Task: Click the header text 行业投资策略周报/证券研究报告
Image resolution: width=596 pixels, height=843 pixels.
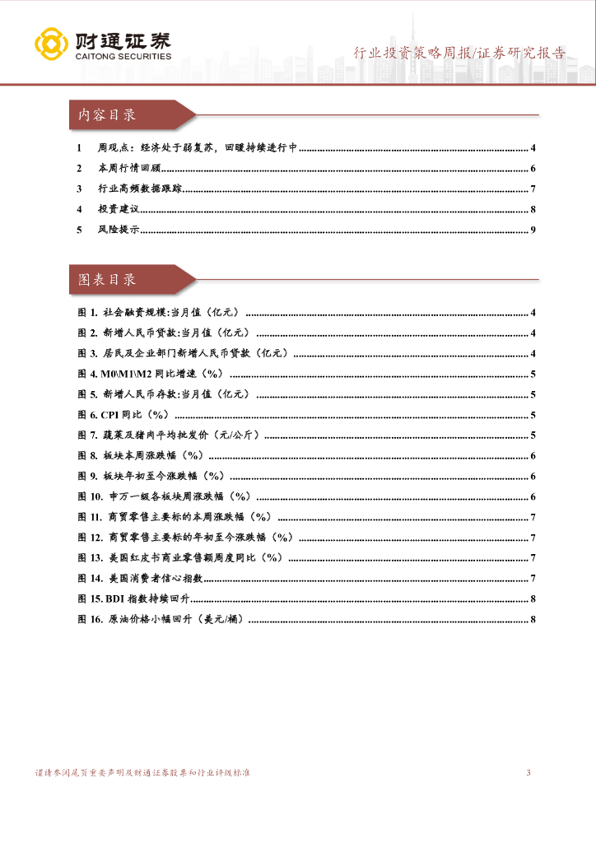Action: (x=459, y=54)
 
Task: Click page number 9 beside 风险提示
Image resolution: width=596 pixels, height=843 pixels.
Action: (x=533, y=230)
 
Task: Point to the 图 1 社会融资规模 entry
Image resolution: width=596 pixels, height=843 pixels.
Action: (x=157, y=313)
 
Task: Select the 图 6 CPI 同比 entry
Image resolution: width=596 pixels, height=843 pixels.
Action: (x=123, y=415)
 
